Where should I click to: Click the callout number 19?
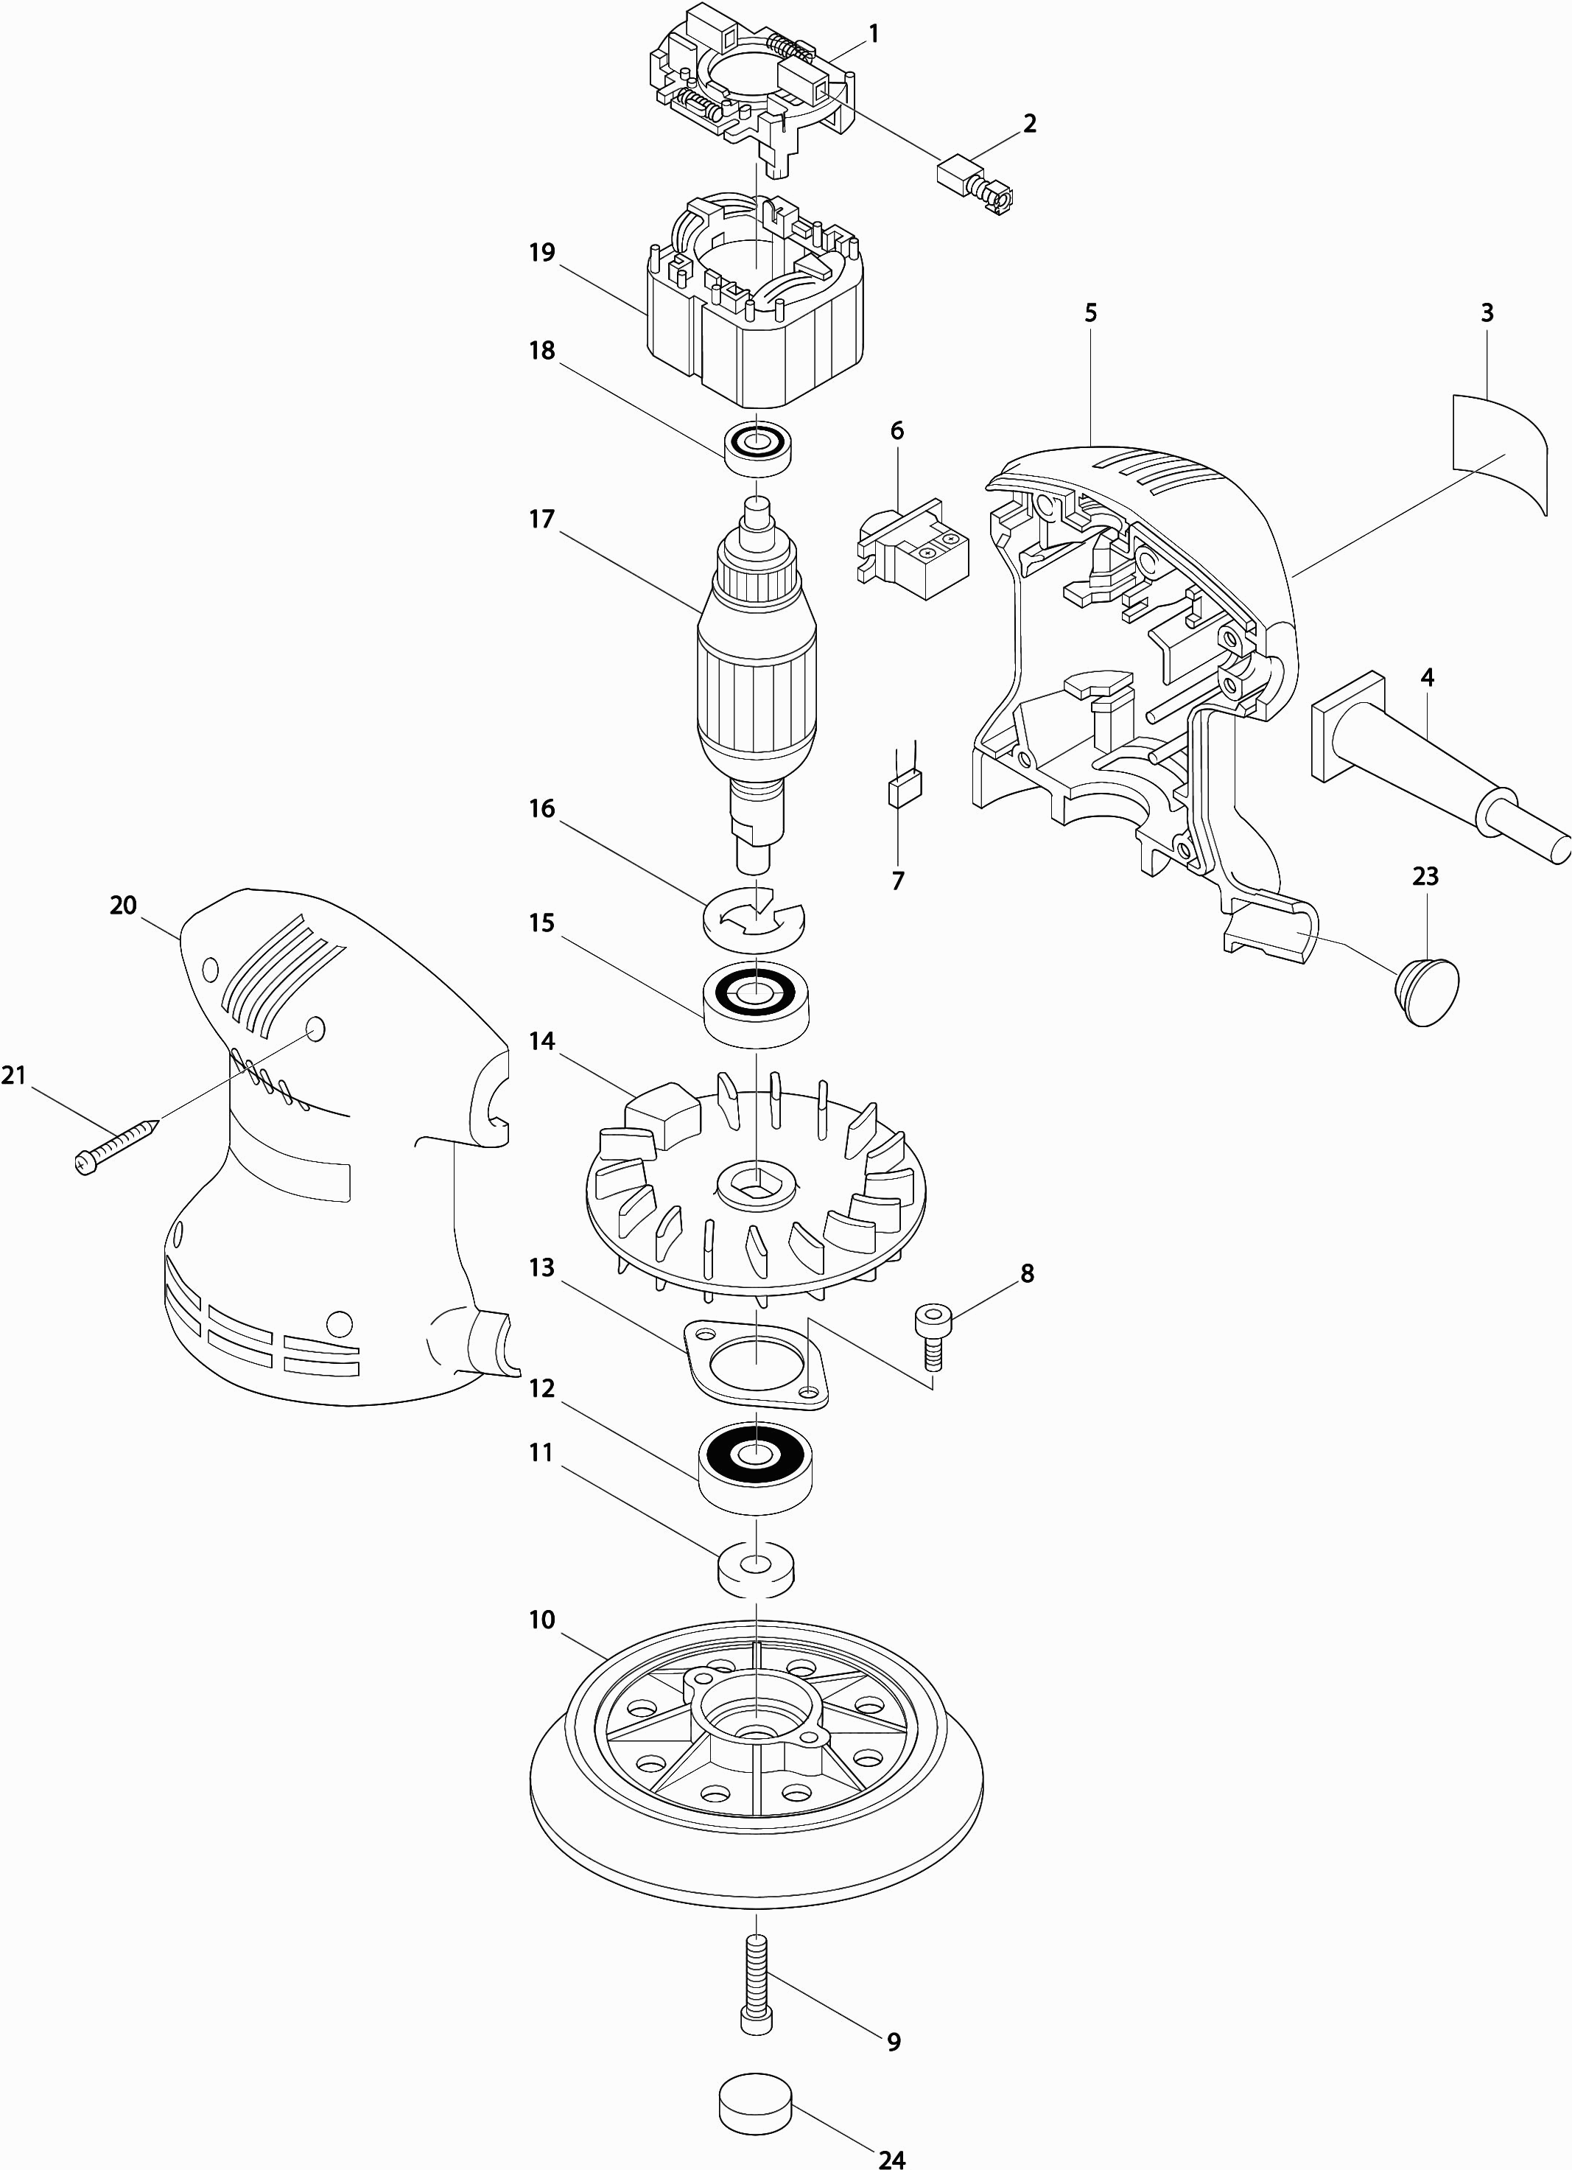click(541, 253)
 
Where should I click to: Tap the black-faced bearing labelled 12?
click(756, 1469)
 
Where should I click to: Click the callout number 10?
click(541, 1620)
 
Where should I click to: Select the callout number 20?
click(124, 904)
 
